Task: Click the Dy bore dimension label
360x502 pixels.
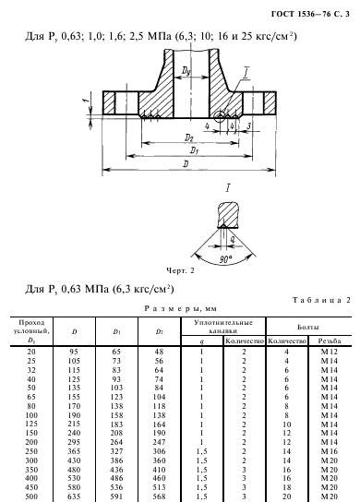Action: [186, 70]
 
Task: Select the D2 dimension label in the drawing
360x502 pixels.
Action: [188, 137]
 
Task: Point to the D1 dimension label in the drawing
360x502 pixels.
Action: [194, 150]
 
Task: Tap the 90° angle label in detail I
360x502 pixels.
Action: [225, 259]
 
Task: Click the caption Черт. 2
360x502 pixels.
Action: [180, 271]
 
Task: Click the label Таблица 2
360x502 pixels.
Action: [321, 300]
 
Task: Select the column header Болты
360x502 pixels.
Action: [307, 328]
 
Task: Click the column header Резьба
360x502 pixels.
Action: [330, 341]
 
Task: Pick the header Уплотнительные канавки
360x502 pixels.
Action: [223, 327]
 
